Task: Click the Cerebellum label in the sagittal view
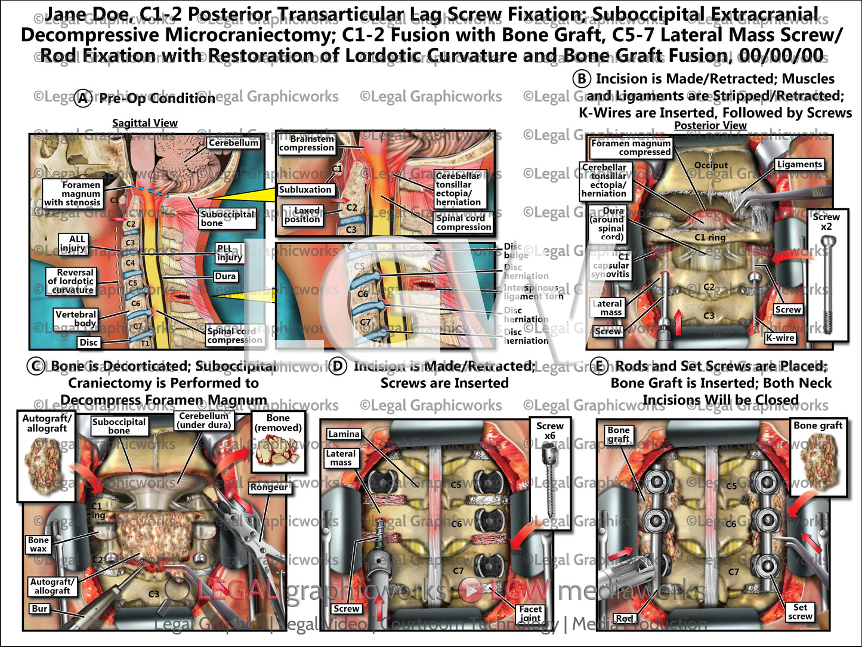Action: click(x=234, y=143)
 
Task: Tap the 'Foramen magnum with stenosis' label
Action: click(x=72, y=193)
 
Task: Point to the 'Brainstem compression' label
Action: click(x=307, y=143)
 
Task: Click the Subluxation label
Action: click(x=305, y=190)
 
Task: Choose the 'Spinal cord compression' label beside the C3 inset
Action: click(x=464, y=222)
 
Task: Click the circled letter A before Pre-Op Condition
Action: click(x=83, y=98)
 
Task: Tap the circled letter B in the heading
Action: click(x=581, y=79)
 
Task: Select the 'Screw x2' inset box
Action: click(x=827, y=275)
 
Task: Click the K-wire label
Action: click(x=780, y=338)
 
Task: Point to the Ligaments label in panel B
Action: click(x=799, y=164)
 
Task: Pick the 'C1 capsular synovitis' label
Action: click(x=610, y=265)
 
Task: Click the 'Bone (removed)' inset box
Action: click(x=278, y=442)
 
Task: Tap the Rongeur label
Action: click(x=269, y=487)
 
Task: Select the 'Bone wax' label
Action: click(x=38, y=544)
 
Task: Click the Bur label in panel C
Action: click(x=40, y=609)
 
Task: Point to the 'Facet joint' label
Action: click(x=530, y=613)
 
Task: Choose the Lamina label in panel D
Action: click(x=344, y=434)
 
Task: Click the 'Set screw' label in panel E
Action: click(x=800, y=611)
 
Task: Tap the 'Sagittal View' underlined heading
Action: click(x=145, y=123)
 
